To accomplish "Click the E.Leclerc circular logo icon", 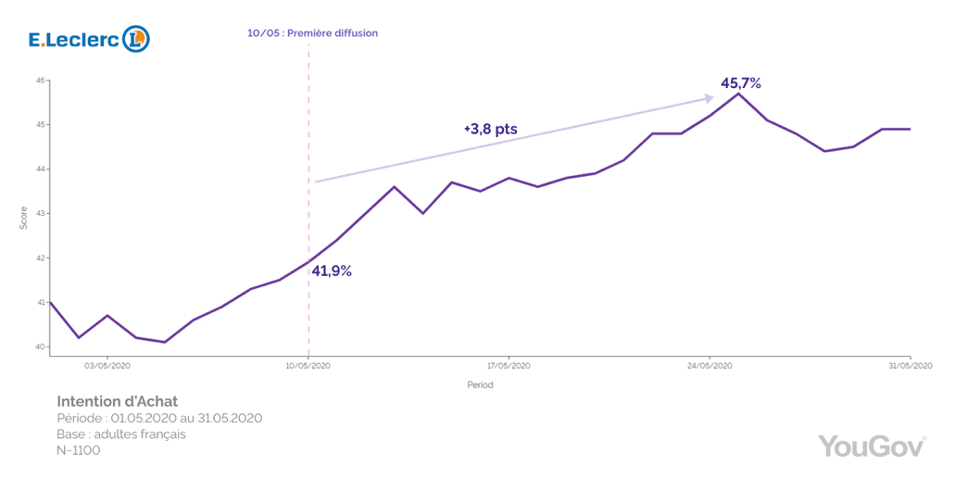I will (136, 38).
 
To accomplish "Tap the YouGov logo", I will (872, 446).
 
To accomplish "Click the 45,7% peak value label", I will (741, 83).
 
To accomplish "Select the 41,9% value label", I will (332, 271).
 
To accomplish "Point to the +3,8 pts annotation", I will (490, 130).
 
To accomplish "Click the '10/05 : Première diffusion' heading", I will (312, 33).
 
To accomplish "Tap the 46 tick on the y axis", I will (41, 81).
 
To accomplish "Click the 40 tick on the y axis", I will (41, 347).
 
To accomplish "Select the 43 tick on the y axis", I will (41, 214).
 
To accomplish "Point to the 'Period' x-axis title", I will (479, 384).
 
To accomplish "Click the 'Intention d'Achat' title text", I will (117, 401).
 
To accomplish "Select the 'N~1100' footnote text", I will (79, 450).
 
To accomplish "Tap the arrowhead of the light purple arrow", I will (709, 97).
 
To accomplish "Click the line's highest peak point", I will (738, 94).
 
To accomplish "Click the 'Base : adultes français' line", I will (121, 434).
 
